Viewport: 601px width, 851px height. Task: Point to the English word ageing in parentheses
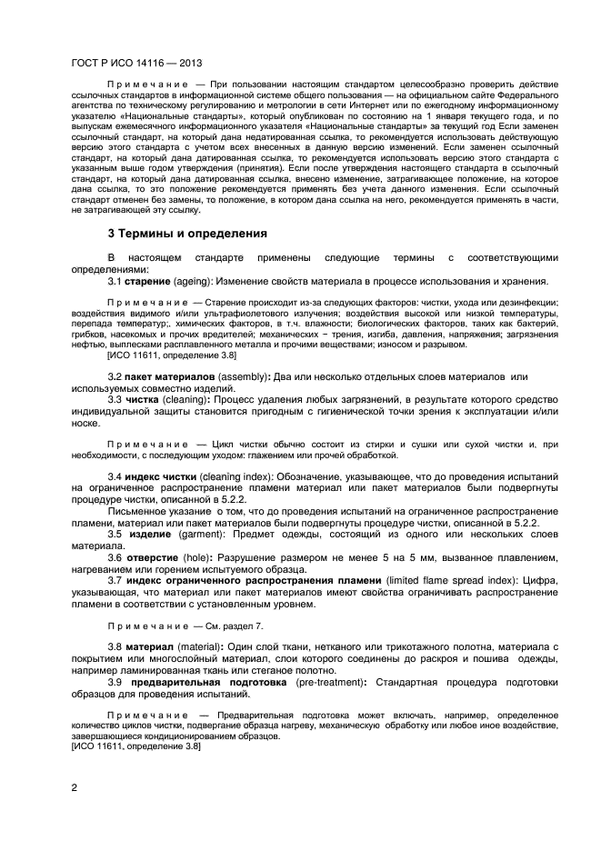pos(195,282)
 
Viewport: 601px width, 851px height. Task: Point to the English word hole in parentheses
pos(201,557)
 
